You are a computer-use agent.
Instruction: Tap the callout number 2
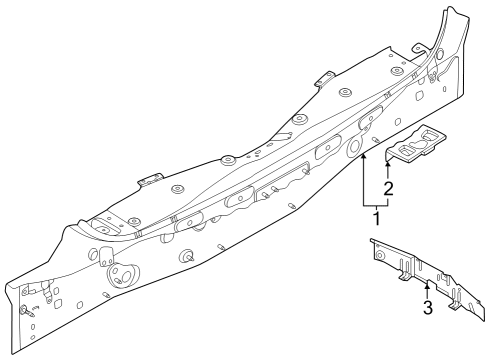tap(387, 186)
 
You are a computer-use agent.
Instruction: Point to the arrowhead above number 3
tap(427, 287)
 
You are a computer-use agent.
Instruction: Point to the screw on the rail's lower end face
tap(21, 307)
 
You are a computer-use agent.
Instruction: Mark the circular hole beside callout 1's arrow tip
tap(355, 147)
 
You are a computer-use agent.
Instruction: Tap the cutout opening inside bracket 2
tap(421, 147)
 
